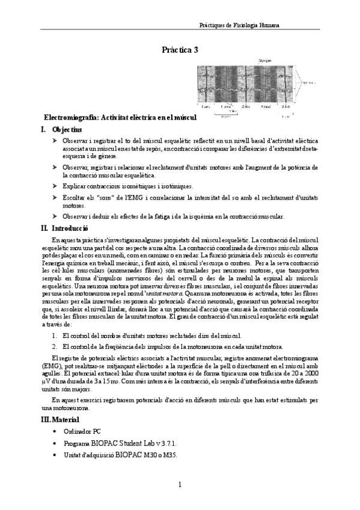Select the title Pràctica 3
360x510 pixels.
point(180,51)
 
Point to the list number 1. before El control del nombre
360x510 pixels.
point(54,335)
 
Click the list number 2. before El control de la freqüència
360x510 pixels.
point(54,346)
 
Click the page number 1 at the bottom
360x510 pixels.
point(180,485)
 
